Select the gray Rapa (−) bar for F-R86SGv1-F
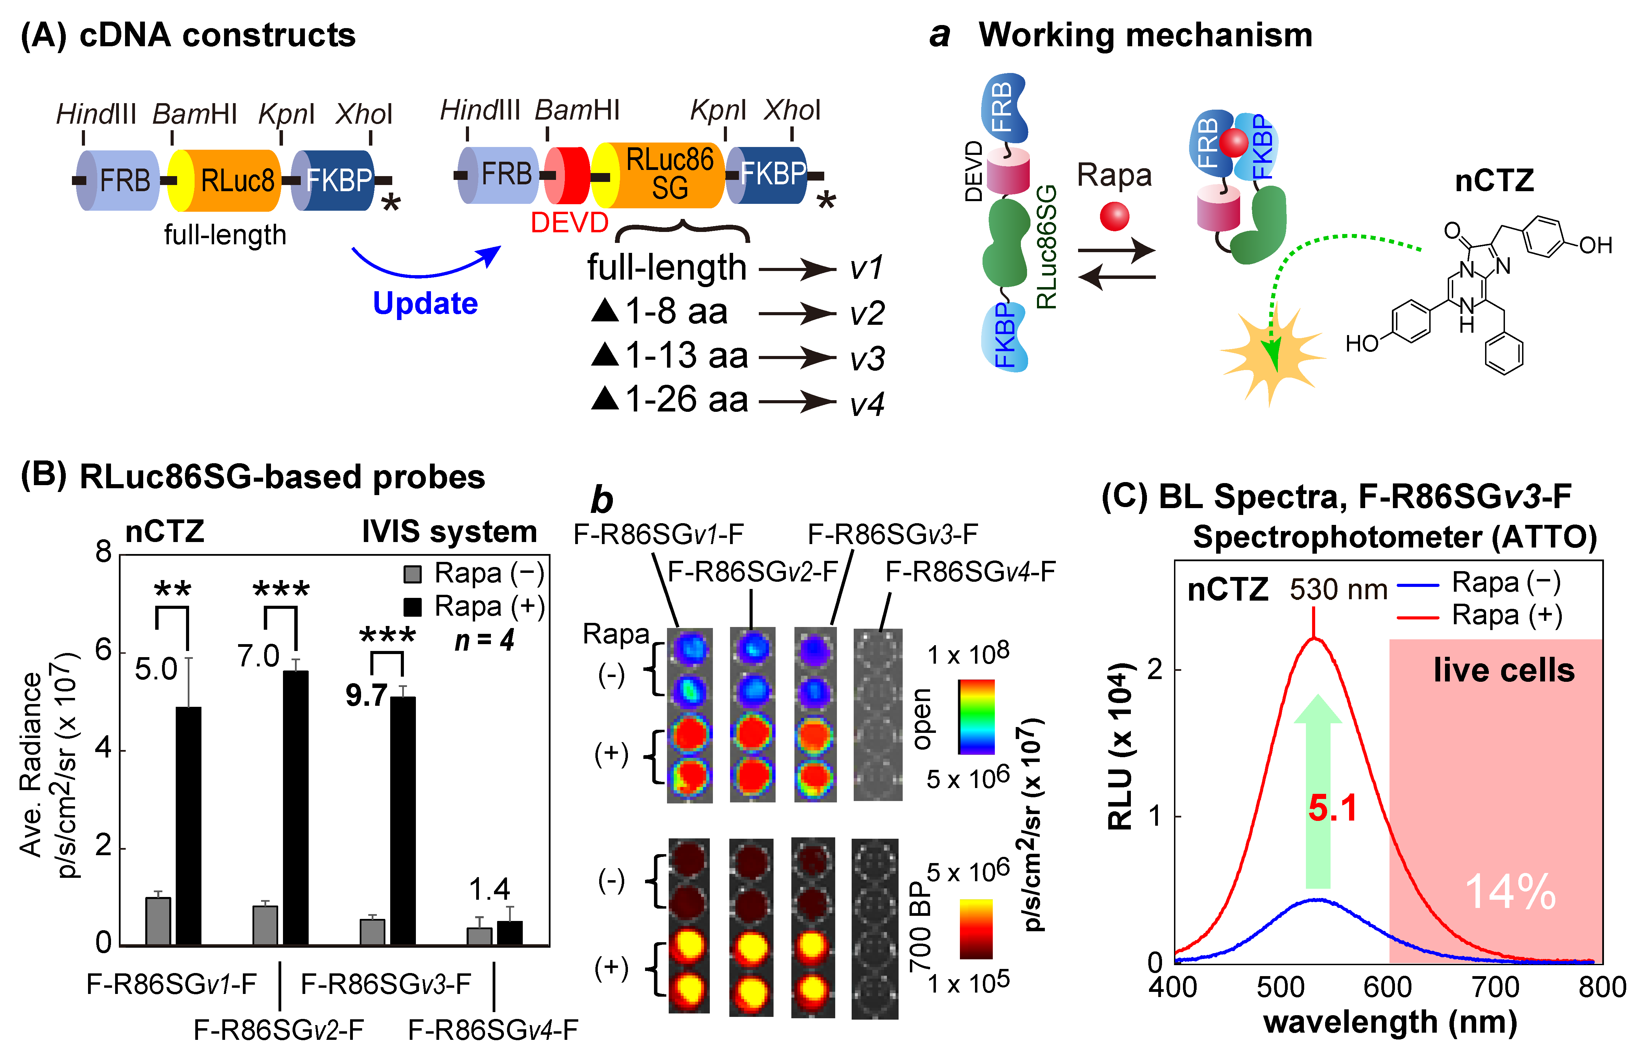(x=158, y=921)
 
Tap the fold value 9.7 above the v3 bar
(x=366, y=695)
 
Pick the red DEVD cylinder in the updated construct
(x=569, y=175)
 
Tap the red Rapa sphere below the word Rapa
(x=1114, y=216)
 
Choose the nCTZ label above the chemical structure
(x=1494, y=181)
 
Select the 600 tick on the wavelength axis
(x=1387, y=987)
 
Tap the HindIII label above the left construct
(x=96, y=114)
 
